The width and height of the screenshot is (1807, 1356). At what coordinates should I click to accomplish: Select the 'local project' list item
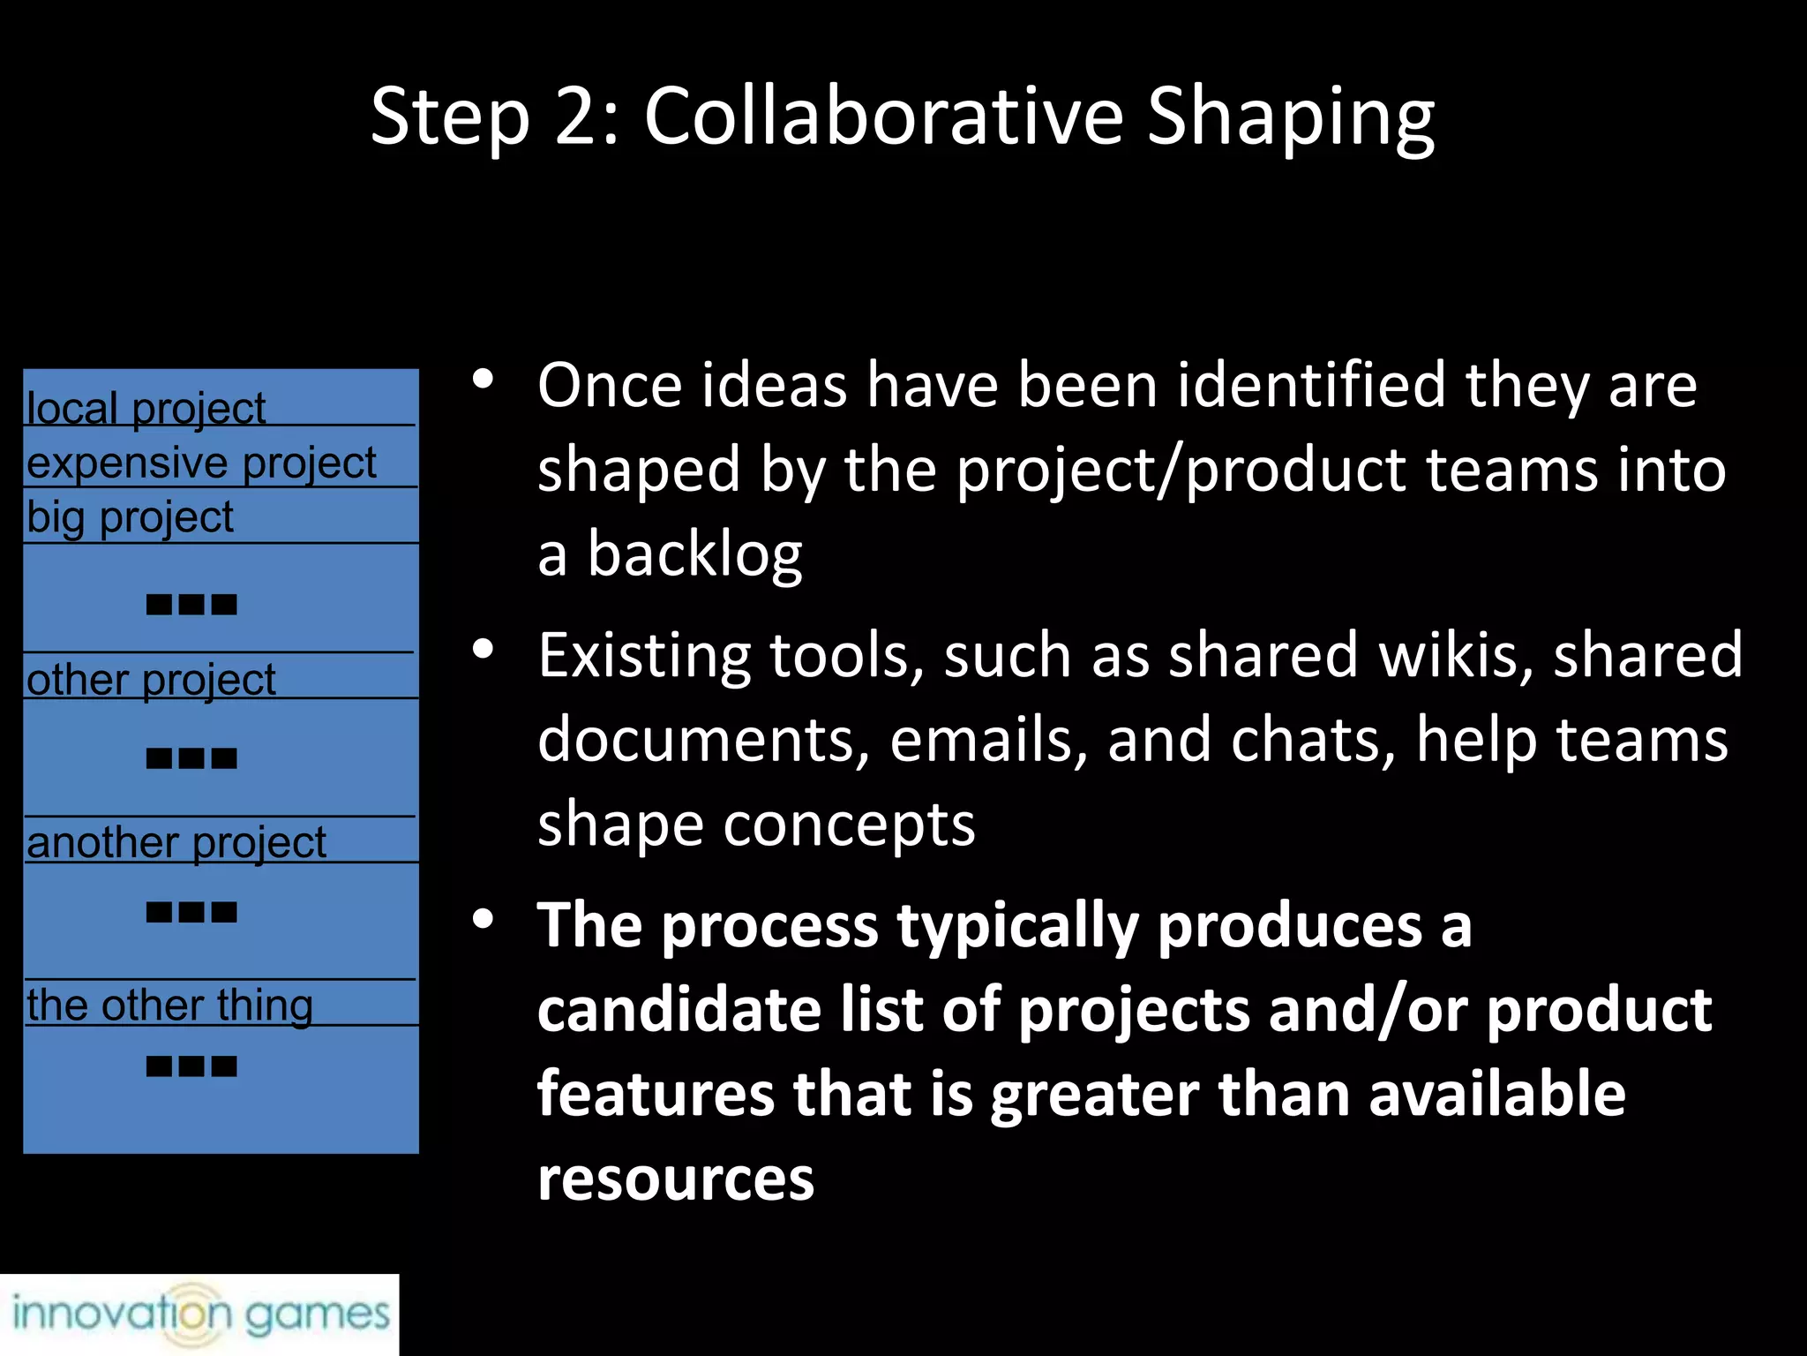[146, 408]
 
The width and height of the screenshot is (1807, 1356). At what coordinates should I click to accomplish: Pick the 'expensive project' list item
[201, 463]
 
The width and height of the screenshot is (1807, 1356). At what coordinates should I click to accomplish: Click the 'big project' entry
[130, 517]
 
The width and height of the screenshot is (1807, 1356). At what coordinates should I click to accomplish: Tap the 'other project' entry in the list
[151, 680]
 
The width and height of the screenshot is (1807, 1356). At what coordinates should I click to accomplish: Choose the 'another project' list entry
[176, 842]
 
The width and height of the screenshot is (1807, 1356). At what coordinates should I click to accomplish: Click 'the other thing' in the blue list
[169, 1005]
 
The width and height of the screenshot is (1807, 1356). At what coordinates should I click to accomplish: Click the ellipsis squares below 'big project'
[191, 605]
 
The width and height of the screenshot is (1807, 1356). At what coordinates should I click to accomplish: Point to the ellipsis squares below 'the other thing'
[191, 1066]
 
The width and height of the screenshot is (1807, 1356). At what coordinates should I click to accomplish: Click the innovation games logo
[199, 1314]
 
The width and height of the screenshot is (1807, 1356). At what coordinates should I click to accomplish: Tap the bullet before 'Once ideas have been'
[483, 380]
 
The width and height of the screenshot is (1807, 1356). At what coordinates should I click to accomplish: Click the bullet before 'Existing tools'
[483, 651]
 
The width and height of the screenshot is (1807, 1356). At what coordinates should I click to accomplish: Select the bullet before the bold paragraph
[483, 920]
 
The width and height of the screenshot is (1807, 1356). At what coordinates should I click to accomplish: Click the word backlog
[694, 555]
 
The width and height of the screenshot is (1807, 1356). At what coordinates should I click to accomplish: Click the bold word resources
[676, 1179]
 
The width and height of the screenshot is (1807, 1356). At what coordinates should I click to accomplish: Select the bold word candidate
[679, 1010]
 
